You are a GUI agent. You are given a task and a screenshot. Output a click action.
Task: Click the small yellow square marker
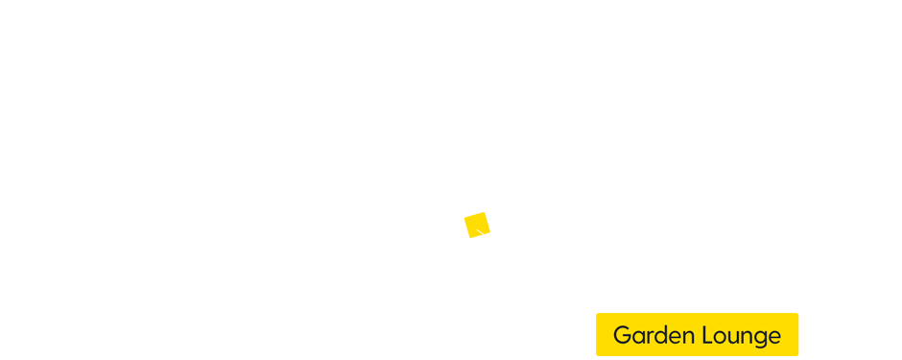tap(477, 225)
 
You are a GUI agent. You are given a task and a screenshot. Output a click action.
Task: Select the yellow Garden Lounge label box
tap(697, 334)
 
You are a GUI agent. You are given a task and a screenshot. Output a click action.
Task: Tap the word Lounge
tap(740, 336)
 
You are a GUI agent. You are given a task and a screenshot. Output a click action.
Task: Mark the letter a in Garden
tap(637, 337)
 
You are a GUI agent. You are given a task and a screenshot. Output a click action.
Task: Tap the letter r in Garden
tap(649, 337)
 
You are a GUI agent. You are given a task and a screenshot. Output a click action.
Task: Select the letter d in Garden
tap(660, 336)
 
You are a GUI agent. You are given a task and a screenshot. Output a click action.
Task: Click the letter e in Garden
tap(674, 337)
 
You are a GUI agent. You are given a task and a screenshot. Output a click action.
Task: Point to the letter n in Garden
tap(687, 337)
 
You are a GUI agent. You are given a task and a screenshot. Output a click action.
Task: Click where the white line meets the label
tap(597, 313)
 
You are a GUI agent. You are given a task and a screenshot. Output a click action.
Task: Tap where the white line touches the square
tap(484, 234)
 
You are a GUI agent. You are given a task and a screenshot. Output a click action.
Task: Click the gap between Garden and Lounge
tap(697, 336)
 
